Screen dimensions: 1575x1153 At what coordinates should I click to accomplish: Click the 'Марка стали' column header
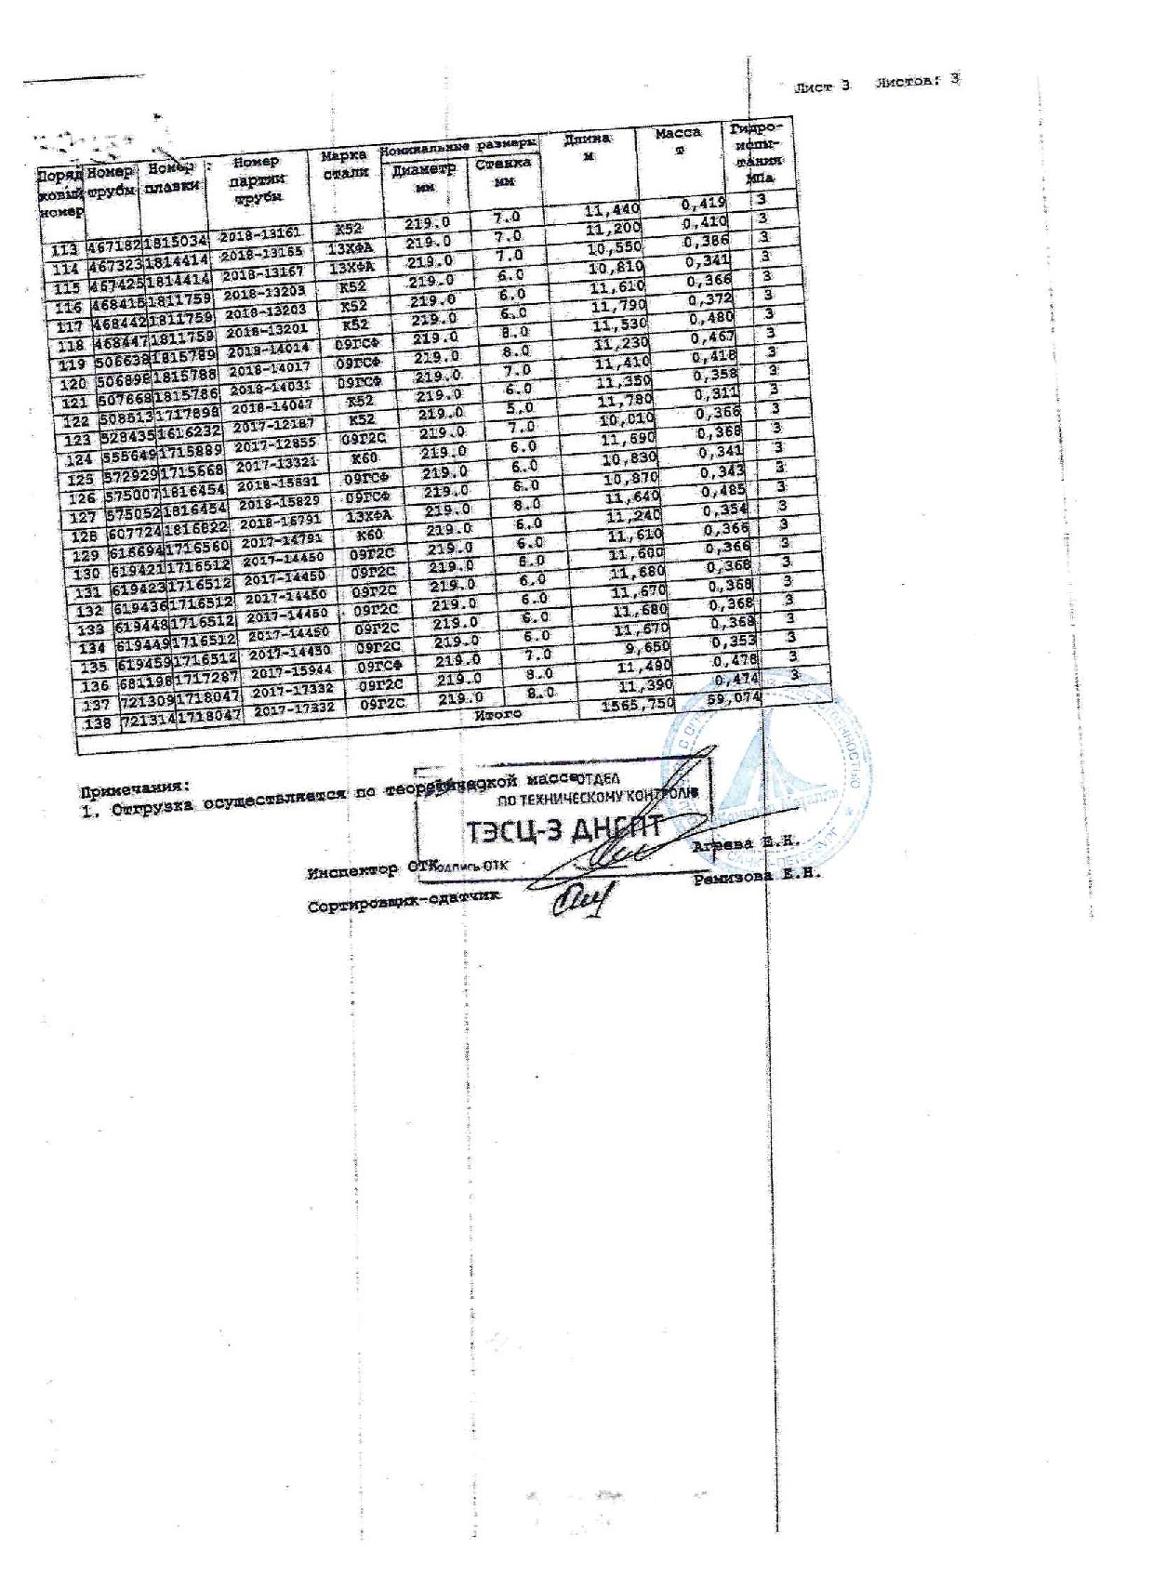(344, 164)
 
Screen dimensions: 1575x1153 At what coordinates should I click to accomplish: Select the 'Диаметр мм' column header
(423, 177)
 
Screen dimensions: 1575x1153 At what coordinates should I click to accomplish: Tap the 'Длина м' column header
(588, 147)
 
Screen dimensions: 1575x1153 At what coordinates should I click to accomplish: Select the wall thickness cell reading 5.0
(520, 407)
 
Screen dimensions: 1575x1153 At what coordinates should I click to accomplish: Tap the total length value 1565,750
(638, 704)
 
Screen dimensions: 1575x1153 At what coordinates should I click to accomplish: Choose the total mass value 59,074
(734, 697)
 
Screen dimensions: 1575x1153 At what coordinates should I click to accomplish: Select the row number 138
(97, 724)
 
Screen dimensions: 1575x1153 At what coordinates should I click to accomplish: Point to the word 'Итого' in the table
(497, 714)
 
